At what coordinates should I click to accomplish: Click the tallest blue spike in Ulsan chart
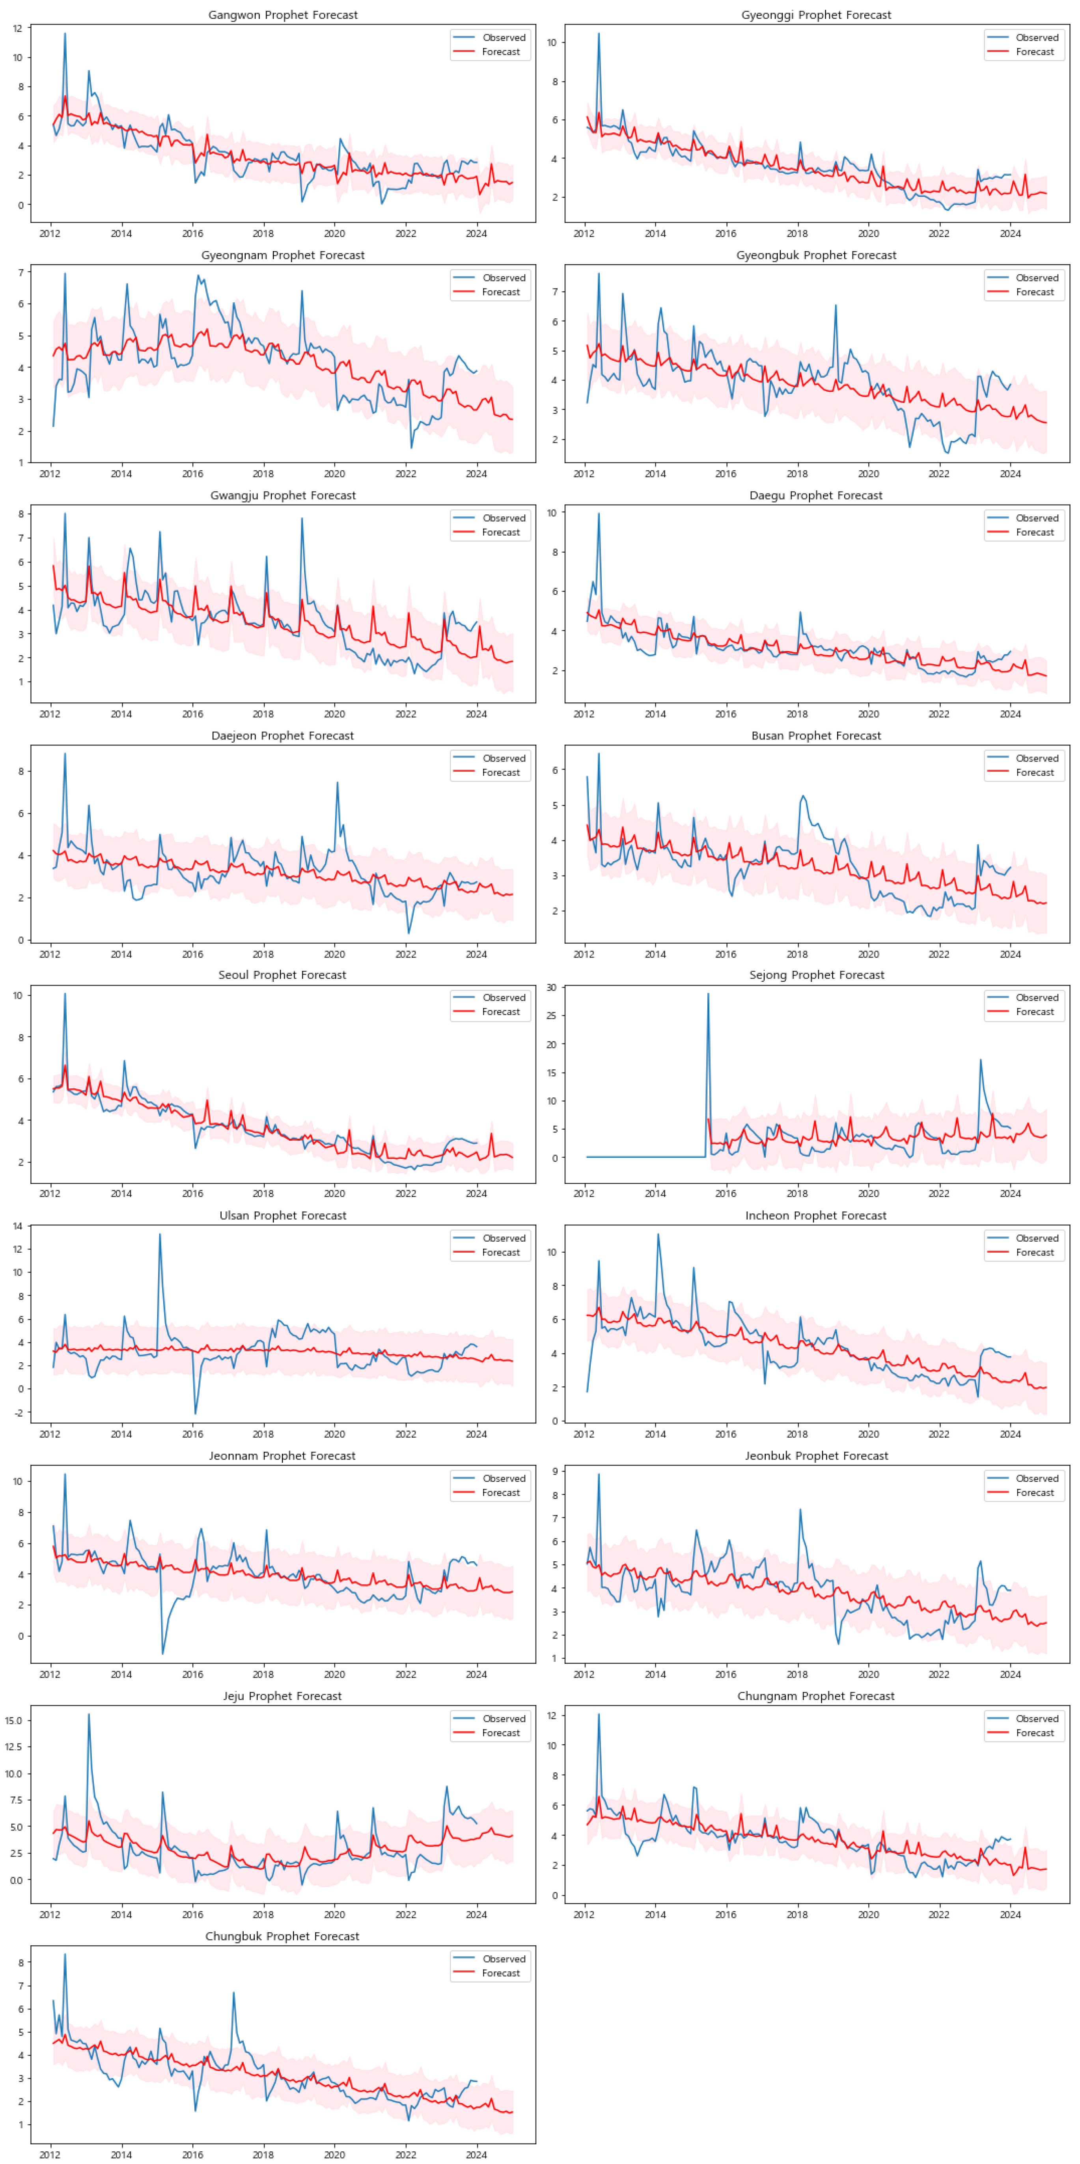point(160,1234)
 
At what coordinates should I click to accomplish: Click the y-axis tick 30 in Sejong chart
point(551,988)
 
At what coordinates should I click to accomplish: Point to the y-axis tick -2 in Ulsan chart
point(18,1413)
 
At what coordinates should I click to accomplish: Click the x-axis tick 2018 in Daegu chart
point(797,714)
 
